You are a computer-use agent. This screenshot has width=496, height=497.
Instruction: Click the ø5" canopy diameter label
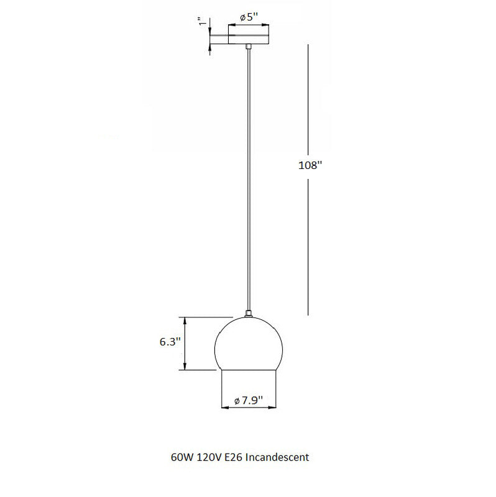point(249,17)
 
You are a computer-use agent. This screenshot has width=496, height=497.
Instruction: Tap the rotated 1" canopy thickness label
point(201,22)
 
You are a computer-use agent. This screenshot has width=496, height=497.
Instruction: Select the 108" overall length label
point(309,166)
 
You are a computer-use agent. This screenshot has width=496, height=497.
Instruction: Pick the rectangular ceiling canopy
point(249,39)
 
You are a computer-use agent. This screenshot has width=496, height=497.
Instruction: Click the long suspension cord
point(249,180)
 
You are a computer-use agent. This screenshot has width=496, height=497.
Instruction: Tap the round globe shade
point(249,345)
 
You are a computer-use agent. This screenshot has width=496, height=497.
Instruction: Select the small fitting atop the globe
point(249,315)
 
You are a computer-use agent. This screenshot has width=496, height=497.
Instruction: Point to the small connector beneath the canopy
point(249,47)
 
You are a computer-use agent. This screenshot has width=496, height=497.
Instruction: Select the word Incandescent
point(278,458)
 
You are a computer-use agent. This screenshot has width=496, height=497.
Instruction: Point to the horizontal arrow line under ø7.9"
point(249,408)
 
